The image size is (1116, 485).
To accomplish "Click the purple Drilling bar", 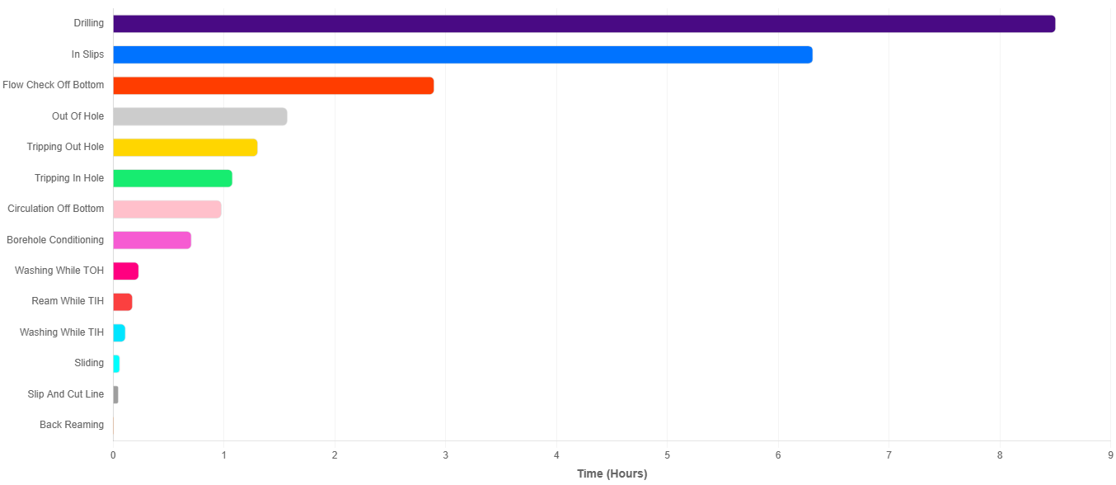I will [x=584, y=24].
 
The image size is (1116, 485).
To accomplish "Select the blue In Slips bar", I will [x=462, y=55].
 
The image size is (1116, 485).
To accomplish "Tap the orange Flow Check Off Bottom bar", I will [x=273, y=86].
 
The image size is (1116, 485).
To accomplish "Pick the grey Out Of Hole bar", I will [x=199, y=116].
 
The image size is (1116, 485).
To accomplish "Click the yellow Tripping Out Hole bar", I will [x=185, y=148].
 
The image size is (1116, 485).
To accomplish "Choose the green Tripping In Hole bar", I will [x=172, y=178].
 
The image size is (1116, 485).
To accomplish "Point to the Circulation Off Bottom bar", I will [x=166, y=210].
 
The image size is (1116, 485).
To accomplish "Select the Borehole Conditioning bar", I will [x=152, y=240].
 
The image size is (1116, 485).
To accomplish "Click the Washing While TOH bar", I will [x=125, y=271].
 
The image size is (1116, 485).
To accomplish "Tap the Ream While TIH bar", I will [x=122, y=302].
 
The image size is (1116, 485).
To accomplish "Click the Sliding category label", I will [x=89, y=363].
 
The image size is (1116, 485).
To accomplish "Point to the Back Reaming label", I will [x=72, y=425].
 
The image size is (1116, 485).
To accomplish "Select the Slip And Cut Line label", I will [x=66, y=394].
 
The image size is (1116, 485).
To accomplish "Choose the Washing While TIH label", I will [x=62, y=332].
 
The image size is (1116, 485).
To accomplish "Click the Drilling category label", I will [x=88, y=23].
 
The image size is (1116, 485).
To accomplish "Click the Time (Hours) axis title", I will [x=612, y=474].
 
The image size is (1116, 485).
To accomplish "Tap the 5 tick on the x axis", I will [x=667, y=454].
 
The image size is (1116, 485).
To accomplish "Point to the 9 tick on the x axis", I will [x=1110, y=454].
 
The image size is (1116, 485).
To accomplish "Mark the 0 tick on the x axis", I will [x=113, y=454].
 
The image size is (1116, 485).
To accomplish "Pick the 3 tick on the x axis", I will [x=445, y=454].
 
